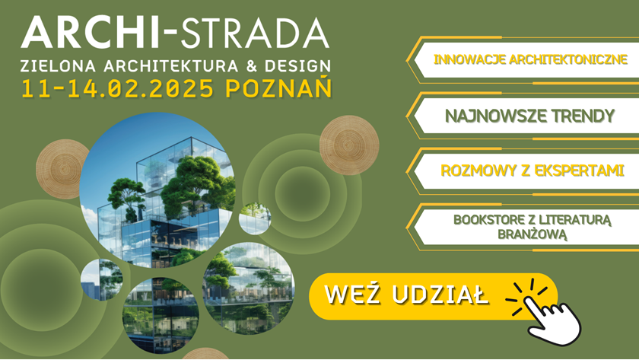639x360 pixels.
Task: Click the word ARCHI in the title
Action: pos(90,33)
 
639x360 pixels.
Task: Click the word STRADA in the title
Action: pos(254,33)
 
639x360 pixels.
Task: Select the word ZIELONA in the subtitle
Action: pos(59,66)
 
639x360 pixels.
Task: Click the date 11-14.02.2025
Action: pos(118,88)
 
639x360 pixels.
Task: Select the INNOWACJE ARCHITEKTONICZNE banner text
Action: pos(530,59)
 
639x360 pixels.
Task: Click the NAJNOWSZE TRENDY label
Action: pos(529,116)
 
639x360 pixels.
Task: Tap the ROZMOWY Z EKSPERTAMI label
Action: pos(532,170)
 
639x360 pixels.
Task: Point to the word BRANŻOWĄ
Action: pos(532,234)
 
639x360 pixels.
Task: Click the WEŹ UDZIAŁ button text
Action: pos(406,294)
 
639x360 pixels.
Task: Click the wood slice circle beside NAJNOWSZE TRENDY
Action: pos(349,145)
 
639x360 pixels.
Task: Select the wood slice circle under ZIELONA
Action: pos(61,169)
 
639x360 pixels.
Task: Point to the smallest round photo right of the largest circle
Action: pos(255,218)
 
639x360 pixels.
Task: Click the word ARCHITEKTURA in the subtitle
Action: pos(170,66)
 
